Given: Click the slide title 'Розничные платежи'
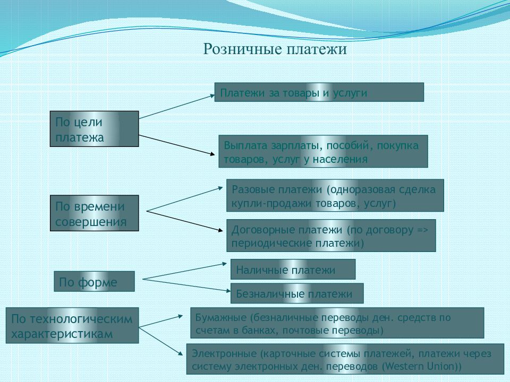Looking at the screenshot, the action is point(275,49).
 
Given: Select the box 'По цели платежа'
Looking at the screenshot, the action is point(95,129).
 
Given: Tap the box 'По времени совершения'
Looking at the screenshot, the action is point(95,213).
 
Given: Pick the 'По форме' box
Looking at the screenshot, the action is point(95,281).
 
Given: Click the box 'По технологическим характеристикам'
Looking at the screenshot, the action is point(72,325).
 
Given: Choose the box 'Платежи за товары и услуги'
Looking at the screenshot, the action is point(319,92).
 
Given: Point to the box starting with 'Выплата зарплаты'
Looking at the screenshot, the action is point(323,151).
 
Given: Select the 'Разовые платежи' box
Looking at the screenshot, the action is point(335,195).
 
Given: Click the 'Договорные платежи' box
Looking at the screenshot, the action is point(331,236).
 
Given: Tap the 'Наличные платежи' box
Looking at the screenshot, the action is point(293,270).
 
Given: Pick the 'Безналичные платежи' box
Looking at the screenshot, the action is point(297,293).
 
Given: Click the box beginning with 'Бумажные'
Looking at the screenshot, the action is point(337,323).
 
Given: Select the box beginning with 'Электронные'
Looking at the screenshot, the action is point(345,359).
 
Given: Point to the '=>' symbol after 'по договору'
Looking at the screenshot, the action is point(422,230).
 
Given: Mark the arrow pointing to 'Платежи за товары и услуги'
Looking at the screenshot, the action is point(177,107).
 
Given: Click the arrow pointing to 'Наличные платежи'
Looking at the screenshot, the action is point(184,271).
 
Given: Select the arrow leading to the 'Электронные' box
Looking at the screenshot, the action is point(161,341).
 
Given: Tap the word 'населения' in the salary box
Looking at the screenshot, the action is point(340,160).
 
